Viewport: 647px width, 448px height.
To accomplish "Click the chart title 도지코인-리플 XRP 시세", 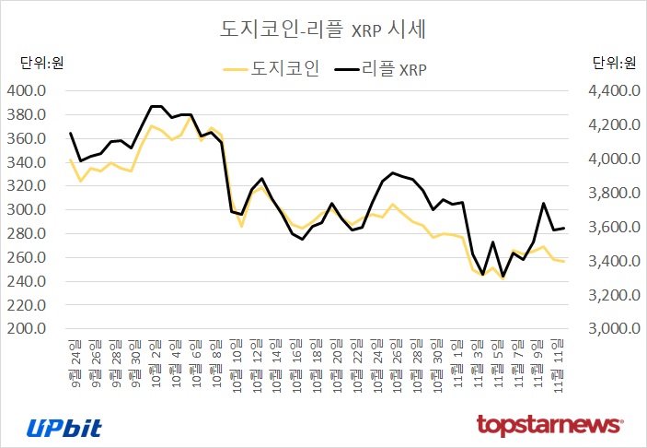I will (x=322, y=29).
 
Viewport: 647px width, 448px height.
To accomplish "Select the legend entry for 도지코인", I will (x=272, y=68).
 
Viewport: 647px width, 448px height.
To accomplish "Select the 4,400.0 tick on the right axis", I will (x=613, y=91).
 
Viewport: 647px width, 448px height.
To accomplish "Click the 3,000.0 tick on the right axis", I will (x=613, y=329).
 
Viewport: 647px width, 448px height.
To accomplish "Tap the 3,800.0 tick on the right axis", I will (x=613, y=194).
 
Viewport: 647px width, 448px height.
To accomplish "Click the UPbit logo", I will (x=64, y=426).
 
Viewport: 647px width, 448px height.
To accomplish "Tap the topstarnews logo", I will (x=549, y=425).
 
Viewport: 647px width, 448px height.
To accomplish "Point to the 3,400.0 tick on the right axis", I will (x=613, y=262).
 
